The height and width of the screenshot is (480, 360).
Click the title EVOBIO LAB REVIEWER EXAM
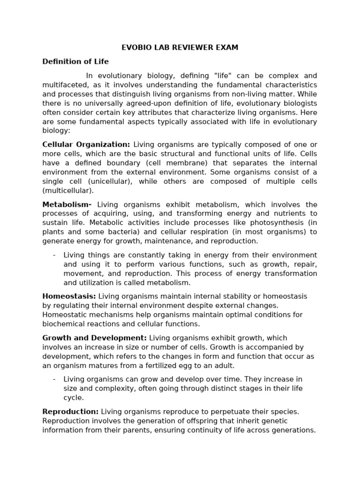coord(180,47)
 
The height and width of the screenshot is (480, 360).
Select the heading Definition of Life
coord(75,61)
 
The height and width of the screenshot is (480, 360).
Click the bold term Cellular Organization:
coord(86,144)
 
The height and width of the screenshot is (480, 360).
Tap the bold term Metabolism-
coord(67,204)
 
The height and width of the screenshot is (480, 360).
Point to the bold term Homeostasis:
coord(69,296)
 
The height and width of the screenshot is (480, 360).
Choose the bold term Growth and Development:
coord(95,338)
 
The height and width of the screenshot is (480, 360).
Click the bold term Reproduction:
coord(71,411)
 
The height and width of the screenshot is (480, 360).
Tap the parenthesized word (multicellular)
coord(68,191)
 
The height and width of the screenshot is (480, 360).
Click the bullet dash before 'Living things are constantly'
coord(54,255)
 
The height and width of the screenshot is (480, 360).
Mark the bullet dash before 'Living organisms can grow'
coord(54,379)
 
